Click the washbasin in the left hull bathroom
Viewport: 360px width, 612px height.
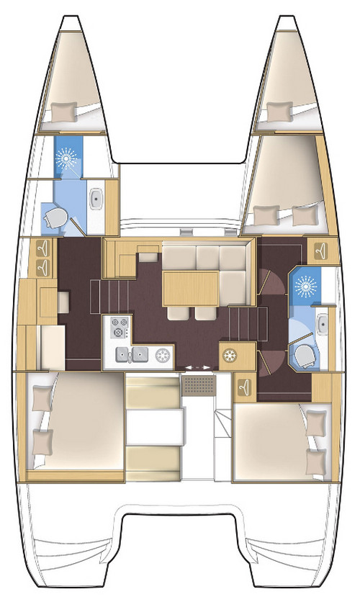point(96,198)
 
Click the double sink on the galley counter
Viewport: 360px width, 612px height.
point(133,354)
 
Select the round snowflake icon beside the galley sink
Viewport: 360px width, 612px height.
point(163,354)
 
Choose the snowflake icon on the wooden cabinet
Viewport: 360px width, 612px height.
point(231,355)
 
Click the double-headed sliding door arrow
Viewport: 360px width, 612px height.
point(199,367)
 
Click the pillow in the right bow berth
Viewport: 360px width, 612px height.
point(275,109)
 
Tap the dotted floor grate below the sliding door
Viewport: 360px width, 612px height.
point(197,386)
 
